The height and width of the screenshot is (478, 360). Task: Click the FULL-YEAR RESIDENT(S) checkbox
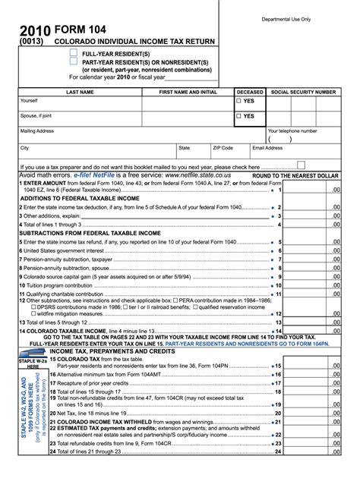(x=74, y=54)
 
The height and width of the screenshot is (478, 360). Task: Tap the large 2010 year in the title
(x=36, y=31)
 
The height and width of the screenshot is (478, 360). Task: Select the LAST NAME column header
(x=80, y=92)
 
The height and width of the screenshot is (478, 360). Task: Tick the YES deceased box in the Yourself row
(x=239, y=101)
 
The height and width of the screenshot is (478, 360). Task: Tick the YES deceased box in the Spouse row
(x=239, y=116)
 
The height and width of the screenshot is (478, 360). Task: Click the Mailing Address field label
(x=37, y=131)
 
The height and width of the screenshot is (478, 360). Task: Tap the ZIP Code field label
(x=223, y=148)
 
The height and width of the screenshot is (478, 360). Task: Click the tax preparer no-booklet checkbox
(x=301, y=165)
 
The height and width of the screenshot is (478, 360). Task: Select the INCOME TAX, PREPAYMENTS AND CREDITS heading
(x=112, y=351)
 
